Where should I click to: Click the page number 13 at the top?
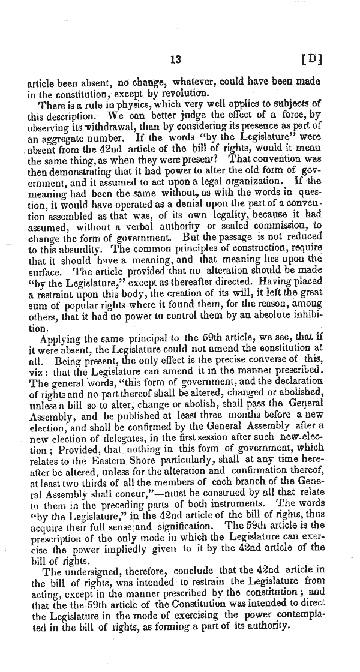pos(176,59)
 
